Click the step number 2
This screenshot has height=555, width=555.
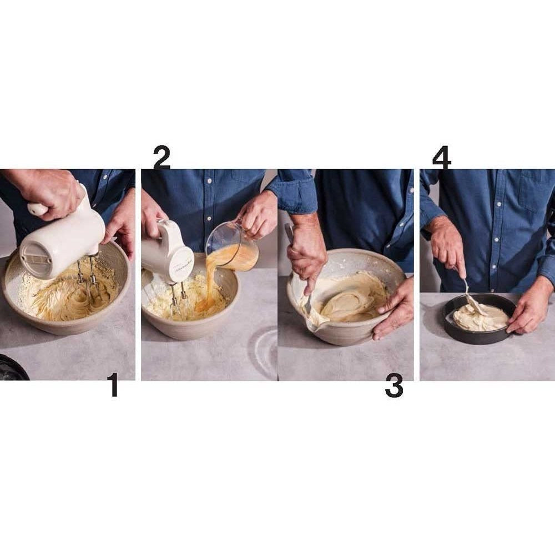pyautogui.click(x=162, y=158)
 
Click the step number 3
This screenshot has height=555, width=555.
pyautogui.click(x=394, y=386)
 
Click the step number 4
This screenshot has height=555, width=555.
pyautogui.click(x=442, y=158)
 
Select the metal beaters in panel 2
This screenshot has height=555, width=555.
pyautogui.click(x=178, y=299)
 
